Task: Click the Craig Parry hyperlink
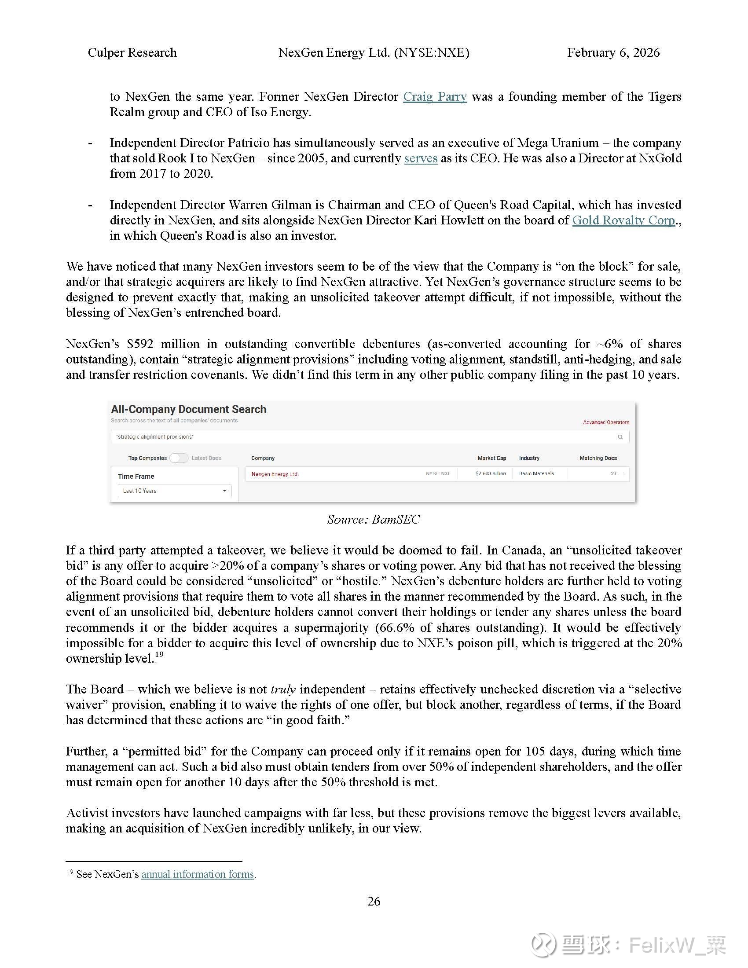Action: coord(435,97)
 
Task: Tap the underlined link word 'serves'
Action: coord(421,158)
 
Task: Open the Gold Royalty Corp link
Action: coord(623,220)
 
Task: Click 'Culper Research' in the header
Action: coord(132,53)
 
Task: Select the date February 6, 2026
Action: coord(613,53)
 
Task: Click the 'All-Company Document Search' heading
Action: coord(189,409)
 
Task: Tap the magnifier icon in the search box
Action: coord(620,437)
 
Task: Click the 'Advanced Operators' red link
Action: coord(605,422)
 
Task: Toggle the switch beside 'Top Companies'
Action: coord(179,458)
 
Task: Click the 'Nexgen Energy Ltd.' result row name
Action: coord(275,474)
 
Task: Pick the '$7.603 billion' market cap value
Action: coord(491,474)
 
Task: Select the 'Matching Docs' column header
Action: coord(598,458)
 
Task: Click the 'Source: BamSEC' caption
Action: coord(373,520)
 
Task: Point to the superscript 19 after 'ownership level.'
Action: coord(159,655)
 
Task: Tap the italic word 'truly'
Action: coord(283,689)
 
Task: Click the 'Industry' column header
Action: coord(529,458)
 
